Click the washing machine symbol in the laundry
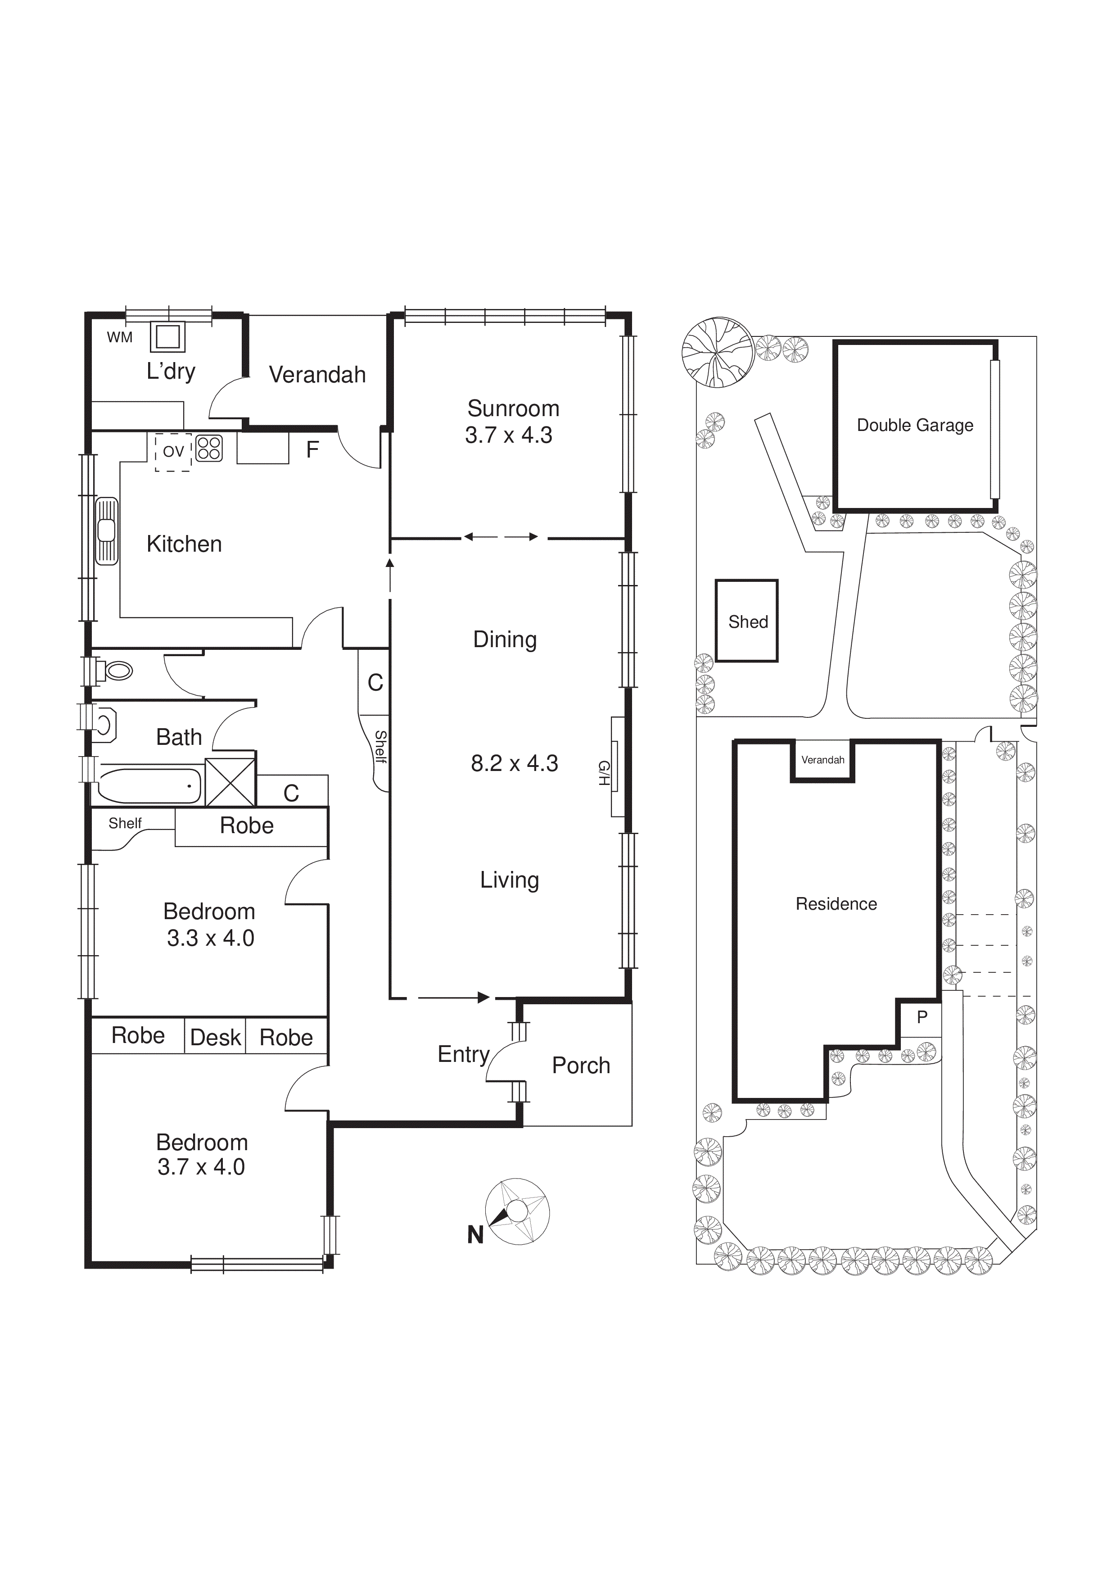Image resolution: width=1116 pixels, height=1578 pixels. pyautogui.click(x=167, y=337)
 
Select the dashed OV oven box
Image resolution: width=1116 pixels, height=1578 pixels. pyautogui.click(x=172, y=452)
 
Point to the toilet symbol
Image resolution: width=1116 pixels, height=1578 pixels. pyautogui.click(x=115, y=670)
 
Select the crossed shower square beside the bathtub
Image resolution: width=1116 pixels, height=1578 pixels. pyautogui.click(x=230, y=782)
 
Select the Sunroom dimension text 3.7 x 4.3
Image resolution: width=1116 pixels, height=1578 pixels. pyautogui.click(x=509, y=435)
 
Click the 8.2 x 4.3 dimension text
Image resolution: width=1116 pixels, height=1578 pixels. pyautogui.click(x=514, y=763)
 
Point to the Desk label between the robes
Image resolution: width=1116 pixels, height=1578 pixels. pyautogui.click(x=215, y=1037)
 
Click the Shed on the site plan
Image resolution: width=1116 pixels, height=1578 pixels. pyautogui.click(x=747, y=621)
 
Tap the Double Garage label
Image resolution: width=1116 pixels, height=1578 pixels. pyautogui.click(x=915, y=426)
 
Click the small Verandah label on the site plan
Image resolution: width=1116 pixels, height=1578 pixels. pyautogui.click(x=822, y=759)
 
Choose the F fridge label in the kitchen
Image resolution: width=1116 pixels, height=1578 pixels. pyautogui.click(x=312, y=449)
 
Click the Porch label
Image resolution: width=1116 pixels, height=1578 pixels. pyautogui.click(x=581, y=1066)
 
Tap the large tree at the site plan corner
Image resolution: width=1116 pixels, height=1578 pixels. pyautogui.click(x=718, y=353)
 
